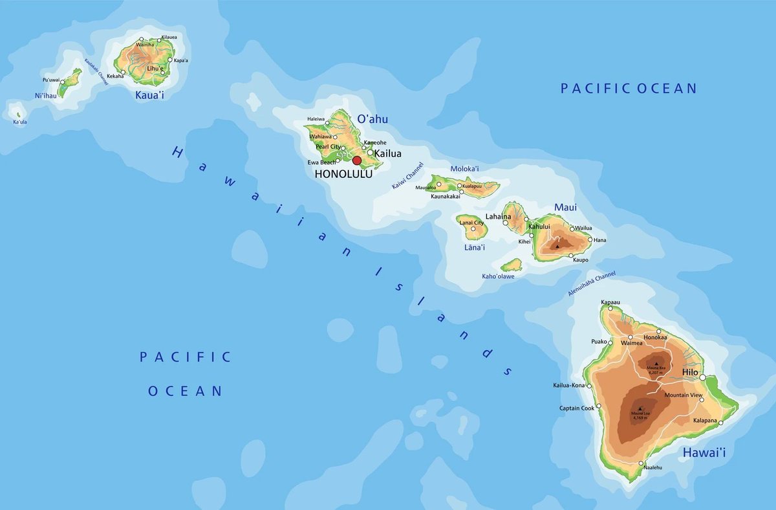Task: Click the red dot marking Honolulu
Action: point(356,161)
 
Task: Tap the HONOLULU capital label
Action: point(343,174)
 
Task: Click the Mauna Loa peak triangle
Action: point(640,408)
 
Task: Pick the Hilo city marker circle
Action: point(702,377)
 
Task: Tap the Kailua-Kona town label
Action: point(568,386)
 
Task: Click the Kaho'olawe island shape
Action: point(512,265)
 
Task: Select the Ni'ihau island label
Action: point(46,96)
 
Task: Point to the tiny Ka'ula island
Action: point(17,114)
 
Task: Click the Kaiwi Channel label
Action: point(407,175)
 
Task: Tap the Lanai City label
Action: point(471,223)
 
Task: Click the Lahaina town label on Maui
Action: point(498,217)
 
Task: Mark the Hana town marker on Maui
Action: point(590,240)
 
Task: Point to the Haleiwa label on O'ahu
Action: point(316,119)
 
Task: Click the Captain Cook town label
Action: point(577,408)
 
